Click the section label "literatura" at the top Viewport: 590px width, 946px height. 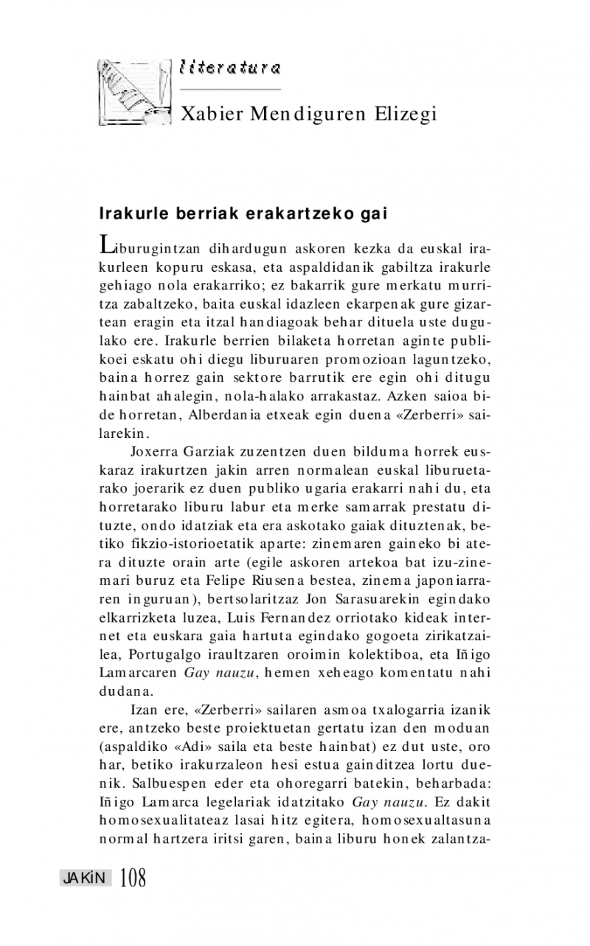[x=230, y=68]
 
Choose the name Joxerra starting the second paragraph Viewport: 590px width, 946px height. [x=154, y=450]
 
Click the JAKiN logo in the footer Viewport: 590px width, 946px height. [x=86, y=877]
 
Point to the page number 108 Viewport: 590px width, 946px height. [x=133, y=877]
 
